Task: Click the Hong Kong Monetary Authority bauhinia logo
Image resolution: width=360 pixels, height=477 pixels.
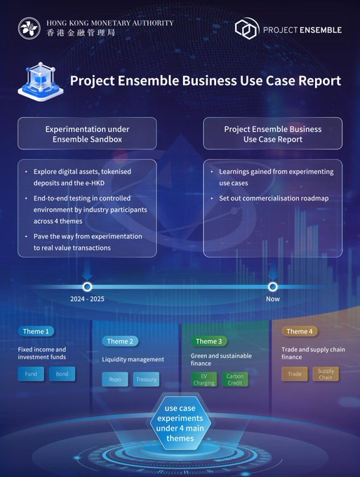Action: click(x=29, y=28)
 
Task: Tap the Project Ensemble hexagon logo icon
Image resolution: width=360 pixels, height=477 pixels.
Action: click(x=247, y=28)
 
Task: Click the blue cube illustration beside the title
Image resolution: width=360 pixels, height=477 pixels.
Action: click(x=41, y=81)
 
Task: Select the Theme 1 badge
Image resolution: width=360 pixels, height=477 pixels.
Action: click(x=36, y=331)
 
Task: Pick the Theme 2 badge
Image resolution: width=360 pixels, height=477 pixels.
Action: click(x=120, y=342)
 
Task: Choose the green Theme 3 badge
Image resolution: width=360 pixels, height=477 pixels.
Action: click(x=208, y=342)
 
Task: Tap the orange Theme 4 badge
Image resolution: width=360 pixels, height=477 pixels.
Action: click(x=300, y=331)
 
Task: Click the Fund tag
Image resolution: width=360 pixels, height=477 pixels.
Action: click(x=31, y=374)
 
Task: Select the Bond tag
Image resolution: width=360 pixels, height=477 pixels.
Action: click(x=62, y=374)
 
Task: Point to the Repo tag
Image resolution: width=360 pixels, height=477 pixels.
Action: click(x=115, y=379)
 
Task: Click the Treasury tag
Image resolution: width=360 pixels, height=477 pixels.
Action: click(x=146, y=379)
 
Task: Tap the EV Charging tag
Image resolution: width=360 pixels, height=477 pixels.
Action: click(x=204, y=379)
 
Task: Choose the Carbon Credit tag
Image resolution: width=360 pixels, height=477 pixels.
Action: click(x=235, y=379)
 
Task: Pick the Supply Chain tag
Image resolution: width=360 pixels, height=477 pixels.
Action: click(x=326, y=374)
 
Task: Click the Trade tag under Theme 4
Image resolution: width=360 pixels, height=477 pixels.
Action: click(x=295, y=374)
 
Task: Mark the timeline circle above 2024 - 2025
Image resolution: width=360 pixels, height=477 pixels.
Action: click(x=87, y=287)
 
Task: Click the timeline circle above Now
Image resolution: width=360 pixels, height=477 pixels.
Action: click(x=273, y=287)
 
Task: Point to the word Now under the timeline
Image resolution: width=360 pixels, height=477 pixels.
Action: click(x=273, y=299)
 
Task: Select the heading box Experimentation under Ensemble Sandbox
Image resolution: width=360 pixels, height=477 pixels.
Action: click(x=87, y=133)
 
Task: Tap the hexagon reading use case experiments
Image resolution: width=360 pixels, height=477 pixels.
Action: click(x=180, y=423)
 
